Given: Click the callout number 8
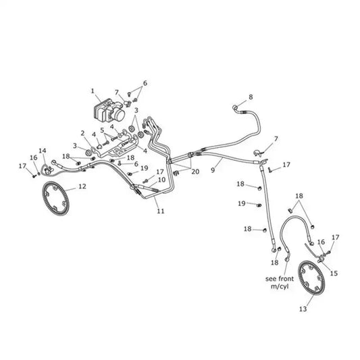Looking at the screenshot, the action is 251,97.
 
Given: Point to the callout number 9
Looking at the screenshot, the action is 213,170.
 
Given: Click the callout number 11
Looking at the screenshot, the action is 161,211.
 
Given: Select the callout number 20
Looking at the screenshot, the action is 195,172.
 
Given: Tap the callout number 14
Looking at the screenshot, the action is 43,151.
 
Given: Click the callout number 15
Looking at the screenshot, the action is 334,274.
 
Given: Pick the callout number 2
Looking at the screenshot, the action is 82,133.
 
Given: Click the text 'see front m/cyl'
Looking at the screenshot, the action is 280,282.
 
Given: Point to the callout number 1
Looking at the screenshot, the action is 93,91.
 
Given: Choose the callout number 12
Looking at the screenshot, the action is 82,186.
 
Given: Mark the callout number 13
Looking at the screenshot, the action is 303,309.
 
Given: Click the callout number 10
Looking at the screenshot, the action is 162,180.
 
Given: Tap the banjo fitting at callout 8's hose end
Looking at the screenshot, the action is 235,107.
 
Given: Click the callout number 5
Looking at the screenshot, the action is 102,130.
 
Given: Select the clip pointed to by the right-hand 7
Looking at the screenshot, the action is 258,153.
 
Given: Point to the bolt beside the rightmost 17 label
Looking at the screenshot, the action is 328,253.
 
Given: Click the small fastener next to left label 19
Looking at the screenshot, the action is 130,174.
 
